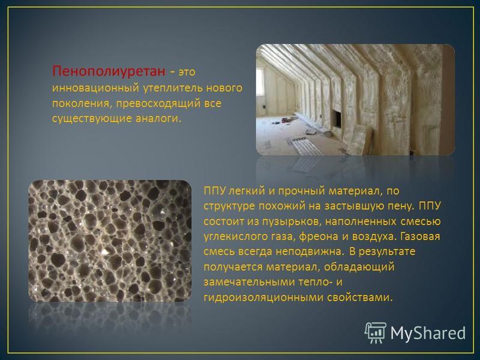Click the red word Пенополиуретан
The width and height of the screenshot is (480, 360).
(x=109, y=71)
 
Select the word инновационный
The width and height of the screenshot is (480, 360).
(x=95, y=88)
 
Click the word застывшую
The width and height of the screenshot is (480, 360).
(x=349, y=206)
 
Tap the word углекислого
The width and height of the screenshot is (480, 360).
(x=234, y=236)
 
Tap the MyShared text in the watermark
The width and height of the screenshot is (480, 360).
(x=428, y=333)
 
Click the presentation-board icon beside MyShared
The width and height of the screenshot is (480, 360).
(x=376, y=332)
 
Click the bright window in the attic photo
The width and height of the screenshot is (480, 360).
(x=260, y=82)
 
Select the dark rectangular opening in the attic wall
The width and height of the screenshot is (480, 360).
(x=336, y=119)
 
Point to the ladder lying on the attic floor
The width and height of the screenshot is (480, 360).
(x=305, y=145)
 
